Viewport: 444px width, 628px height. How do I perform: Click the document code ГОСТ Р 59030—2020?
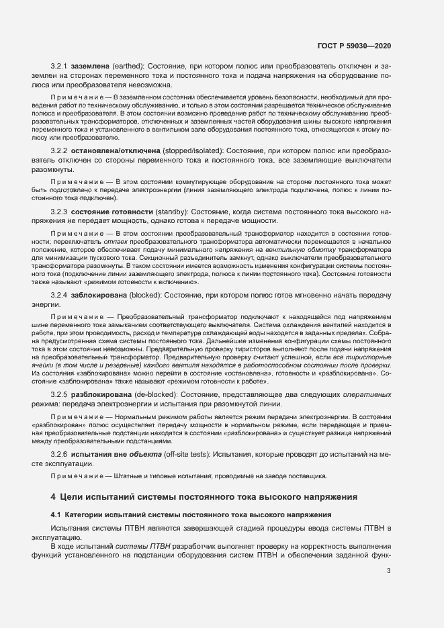pos(353,46)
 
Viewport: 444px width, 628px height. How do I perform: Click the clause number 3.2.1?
pos(59,67)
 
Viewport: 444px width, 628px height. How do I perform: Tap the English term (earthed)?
pos(129,67)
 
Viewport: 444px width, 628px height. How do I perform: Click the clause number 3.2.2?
pos(59,151)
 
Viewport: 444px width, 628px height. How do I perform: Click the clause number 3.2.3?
pos(59,212)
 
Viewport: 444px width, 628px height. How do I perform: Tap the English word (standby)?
pos(173,212)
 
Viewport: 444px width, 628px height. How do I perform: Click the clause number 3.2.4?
pos(59,295)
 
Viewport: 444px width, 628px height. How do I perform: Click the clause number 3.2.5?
pos(59,394)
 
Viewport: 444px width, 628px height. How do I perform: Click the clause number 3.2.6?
pos(59,454)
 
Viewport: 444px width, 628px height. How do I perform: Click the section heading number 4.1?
pos(56,514)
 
